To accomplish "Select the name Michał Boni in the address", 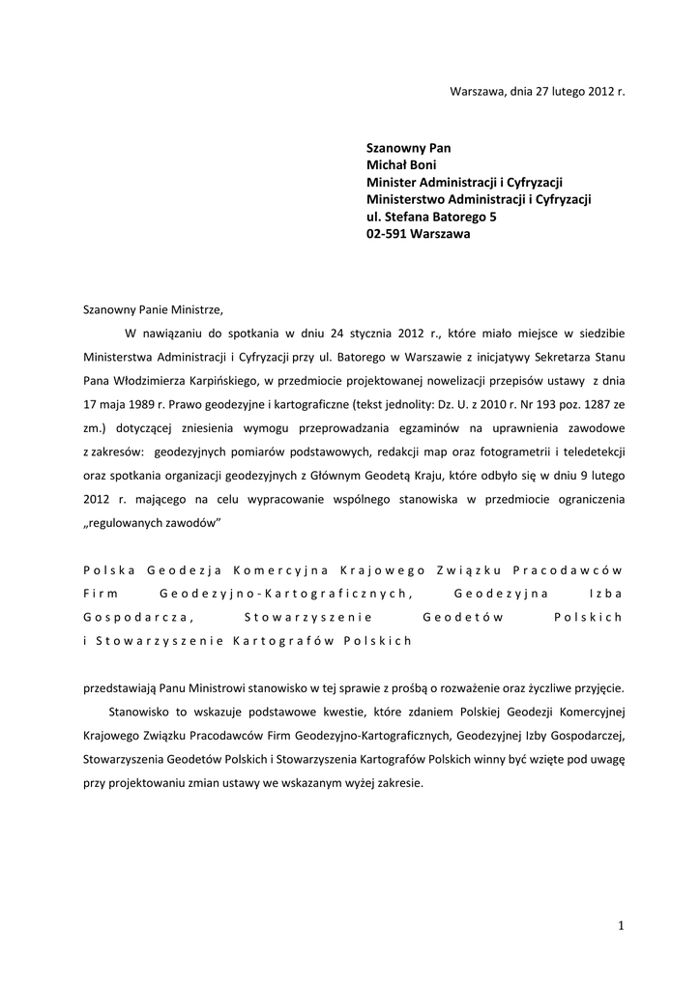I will [x=403, y=165].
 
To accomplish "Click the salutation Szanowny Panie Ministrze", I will [x=153, y=310].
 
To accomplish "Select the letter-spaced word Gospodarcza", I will [x=136, y=616].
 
